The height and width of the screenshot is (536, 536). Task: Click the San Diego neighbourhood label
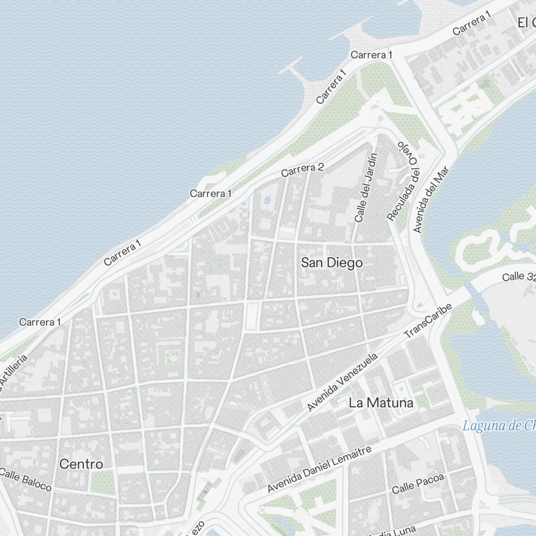point(331,263)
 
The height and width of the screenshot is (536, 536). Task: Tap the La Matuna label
point(381,403)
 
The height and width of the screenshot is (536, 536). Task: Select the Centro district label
point(81,464)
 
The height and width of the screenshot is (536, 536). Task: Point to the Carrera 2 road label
point(302,170)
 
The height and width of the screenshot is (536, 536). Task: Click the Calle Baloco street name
point(26,479)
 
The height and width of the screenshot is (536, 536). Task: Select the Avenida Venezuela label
point(343,382)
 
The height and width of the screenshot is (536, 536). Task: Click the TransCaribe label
point(428,321)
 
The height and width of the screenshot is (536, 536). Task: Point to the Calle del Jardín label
point(366,188)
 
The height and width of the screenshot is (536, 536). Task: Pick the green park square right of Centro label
point(102,482)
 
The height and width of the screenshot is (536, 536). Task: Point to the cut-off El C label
point(526,23)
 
